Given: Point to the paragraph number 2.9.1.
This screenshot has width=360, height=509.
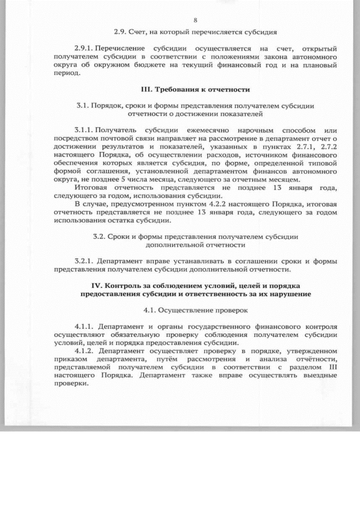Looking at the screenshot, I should (84, 49).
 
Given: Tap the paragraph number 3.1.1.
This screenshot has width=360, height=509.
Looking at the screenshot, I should (84, 130).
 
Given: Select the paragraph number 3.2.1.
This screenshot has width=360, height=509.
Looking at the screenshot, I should (85, 261).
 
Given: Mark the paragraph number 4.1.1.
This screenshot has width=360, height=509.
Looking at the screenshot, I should (84, 327).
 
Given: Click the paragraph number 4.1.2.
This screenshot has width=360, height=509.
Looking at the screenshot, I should (84, 351).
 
